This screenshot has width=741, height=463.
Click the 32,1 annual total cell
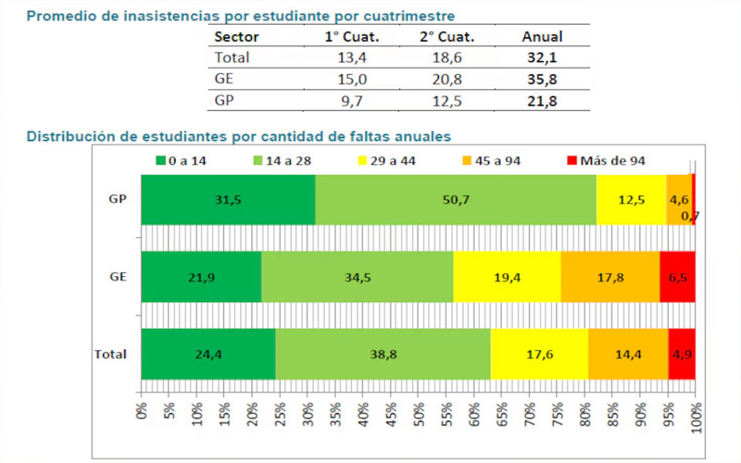(543, 57)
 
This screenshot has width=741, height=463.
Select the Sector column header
(236, 37)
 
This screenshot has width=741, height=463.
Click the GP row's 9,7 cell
(337, 99)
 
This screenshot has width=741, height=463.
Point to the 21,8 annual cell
(543, 99)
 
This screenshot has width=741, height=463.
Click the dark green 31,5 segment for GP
(228, 199)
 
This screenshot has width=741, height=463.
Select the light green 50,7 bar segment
(456, 199)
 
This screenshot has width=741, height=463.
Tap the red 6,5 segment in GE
(677, 276)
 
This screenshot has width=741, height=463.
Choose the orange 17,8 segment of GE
(610, 276)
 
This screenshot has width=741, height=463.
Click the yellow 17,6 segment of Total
(539, 353)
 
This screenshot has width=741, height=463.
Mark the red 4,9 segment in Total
(681, 353)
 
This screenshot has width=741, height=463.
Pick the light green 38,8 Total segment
(383, 353)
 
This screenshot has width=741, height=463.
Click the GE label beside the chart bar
(118, 276)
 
